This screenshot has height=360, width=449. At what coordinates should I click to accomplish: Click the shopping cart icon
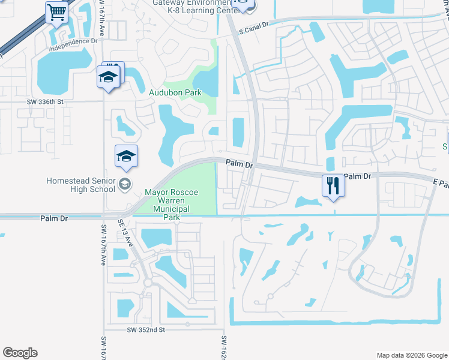point(57,11)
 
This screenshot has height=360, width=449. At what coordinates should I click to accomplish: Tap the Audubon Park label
point(175,92)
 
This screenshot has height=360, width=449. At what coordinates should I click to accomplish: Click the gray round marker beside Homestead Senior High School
point(125,184)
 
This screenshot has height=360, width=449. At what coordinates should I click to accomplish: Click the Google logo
point(20,353)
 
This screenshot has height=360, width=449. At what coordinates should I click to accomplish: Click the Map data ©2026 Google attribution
point(411,355)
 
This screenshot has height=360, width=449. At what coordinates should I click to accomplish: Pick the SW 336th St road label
point(45,102)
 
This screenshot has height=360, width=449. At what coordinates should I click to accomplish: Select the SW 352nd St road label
point(146,330)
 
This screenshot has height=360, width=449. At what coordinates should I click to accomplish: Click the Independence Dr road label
point(73,41)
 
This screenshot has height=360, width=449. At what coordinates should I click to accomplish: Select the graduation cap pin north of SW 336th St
point(108,77)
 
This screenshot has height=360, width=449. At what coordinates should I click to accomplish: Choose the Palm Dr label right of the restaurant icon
point(359,176)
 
